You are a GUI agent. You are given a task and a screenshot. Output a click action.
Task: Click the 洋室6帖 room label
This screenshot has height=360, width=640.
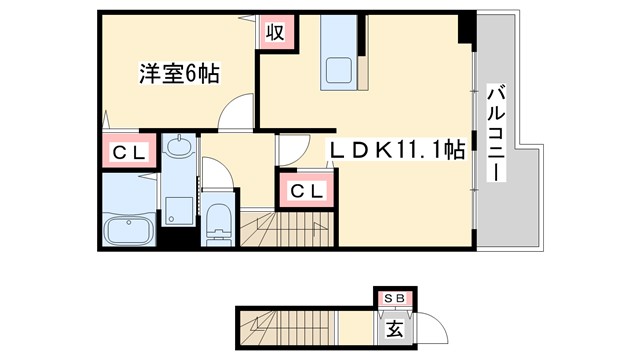[x=179, y=74]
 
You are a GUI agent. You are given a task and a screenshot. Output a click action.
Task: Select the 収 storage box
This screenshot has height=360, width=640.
[x=276, y=32]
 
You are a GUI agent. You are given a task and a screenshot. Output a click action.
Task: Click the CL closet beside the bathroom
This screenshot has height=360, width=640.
[x=129, y=154]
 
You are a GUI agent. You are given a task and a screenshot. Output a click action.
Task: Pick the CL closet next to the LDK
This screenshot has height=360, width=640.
[x=306, y=189]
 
